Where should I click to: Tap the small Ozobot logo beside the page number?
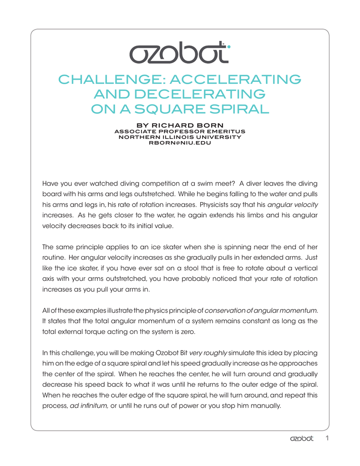click(x=302, y=439)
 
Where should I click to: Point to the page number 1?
click(x=327, y=439)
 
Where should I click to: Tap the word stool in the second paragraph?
click(x=198, y=268)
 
